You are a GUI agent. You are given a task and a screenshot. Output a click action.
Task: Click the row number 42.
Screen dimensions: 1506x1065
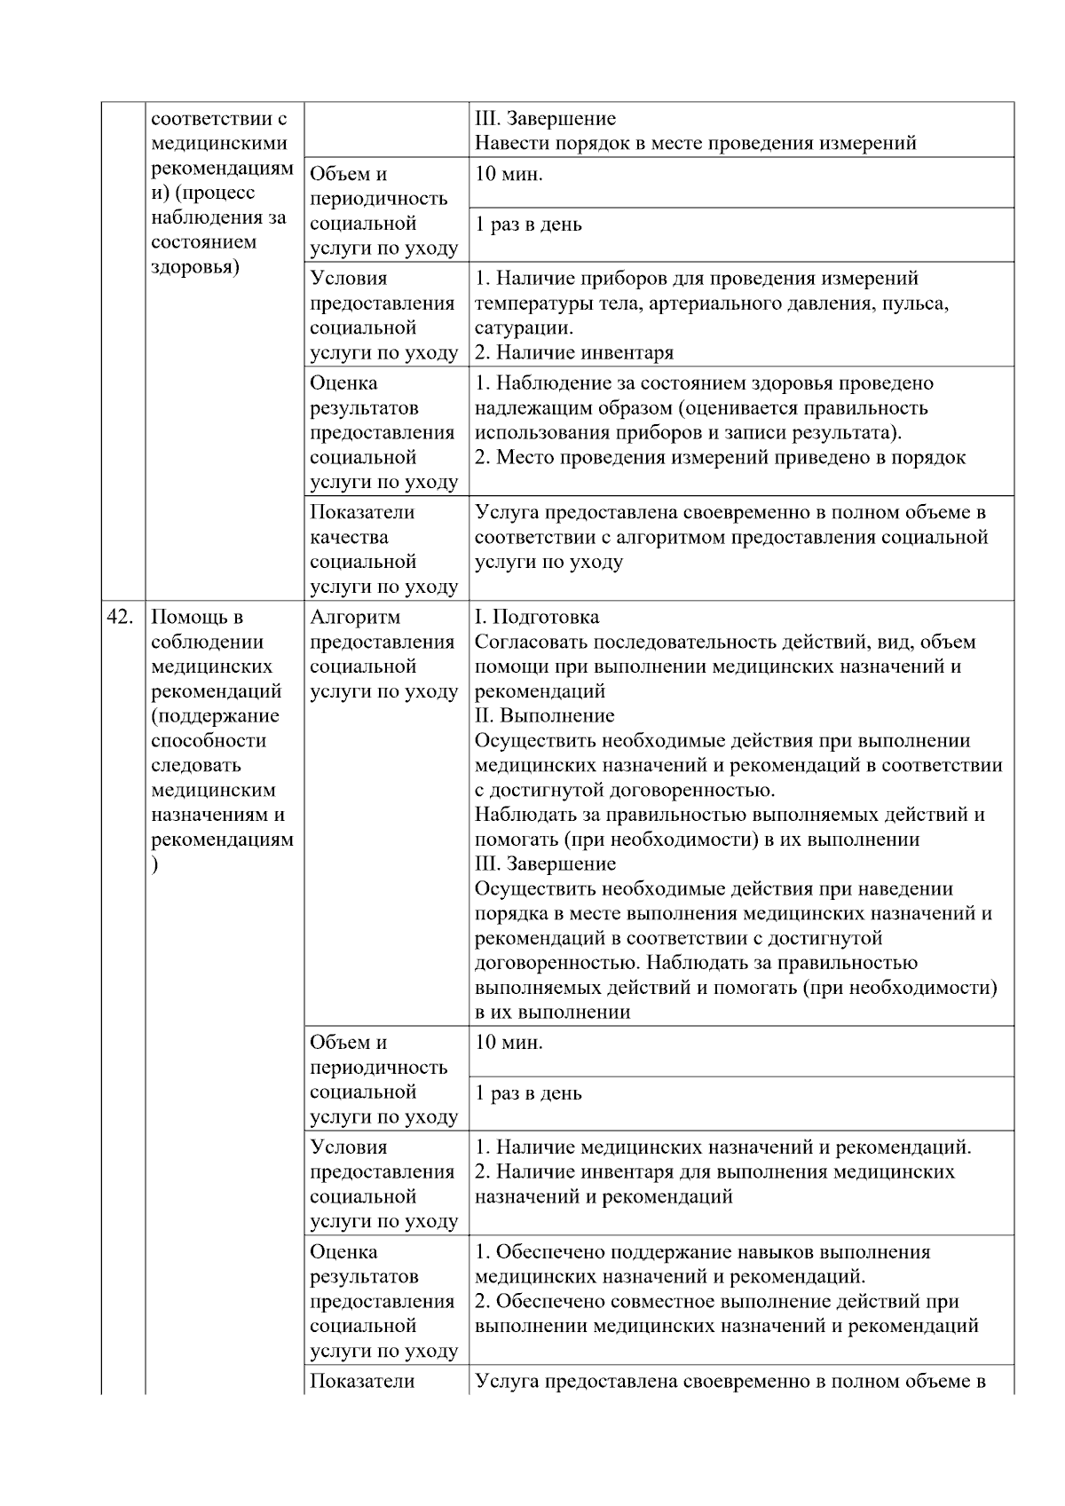[119, 618]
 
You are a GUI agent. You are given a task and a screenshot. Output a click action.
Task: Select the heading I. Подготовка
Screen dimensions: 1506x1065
[537, 618]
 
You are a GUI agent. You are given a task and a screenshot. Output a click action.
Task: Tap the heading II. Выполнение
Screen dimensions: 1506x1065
[545, 716]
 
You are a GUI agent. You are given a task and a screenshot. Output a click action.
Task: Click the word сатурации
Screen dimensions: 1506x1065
[523, 328]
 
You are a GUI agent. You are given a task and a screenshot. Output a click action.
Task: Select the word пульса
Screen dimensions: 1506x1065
[918, 304]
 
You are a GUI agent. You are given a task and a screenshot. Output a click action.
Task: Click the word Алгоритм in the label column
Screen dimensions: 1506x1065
[355, 618]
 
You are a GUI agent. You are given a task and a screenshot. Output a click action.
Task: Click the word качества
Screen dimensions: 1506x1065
[349, 538]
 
